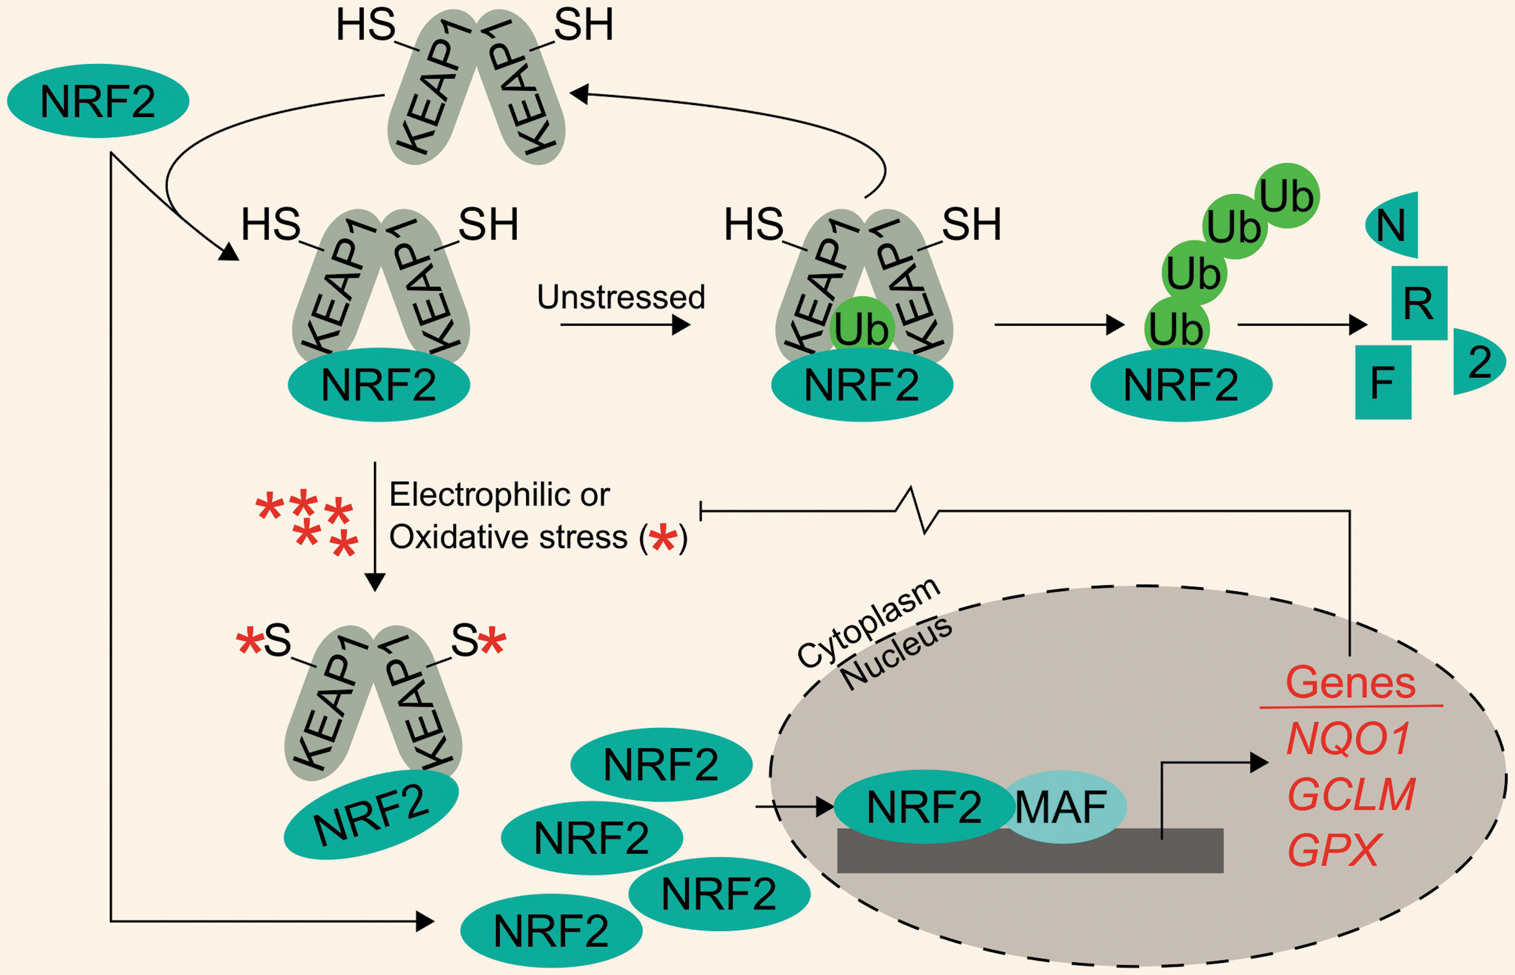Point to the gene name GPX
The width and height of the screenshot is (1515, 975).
point(1334,850)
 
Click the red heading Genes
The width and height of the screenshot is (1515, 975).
point(1350,683)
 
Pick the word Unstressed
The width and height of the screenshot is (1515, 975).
point(621,297)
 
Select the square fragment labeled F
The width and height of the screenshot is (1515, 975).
point(1383,382)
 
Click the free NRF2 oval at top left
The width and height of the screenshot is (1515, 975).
point(98,100)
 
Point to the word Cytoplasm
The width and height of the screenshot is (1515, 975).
point(868,623)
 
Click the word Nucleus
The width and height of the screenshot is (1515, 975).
point(896,653)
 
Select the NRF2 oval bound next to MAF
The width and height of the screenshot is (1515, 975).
point(924,806)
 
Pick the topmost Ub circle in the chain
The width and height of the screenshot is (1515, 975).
point(1287,196)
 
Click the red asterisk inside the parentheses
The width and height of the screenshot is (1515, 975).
point(663,538)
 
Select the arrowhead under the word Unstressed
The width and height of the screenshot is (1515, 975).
point(681,325)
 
